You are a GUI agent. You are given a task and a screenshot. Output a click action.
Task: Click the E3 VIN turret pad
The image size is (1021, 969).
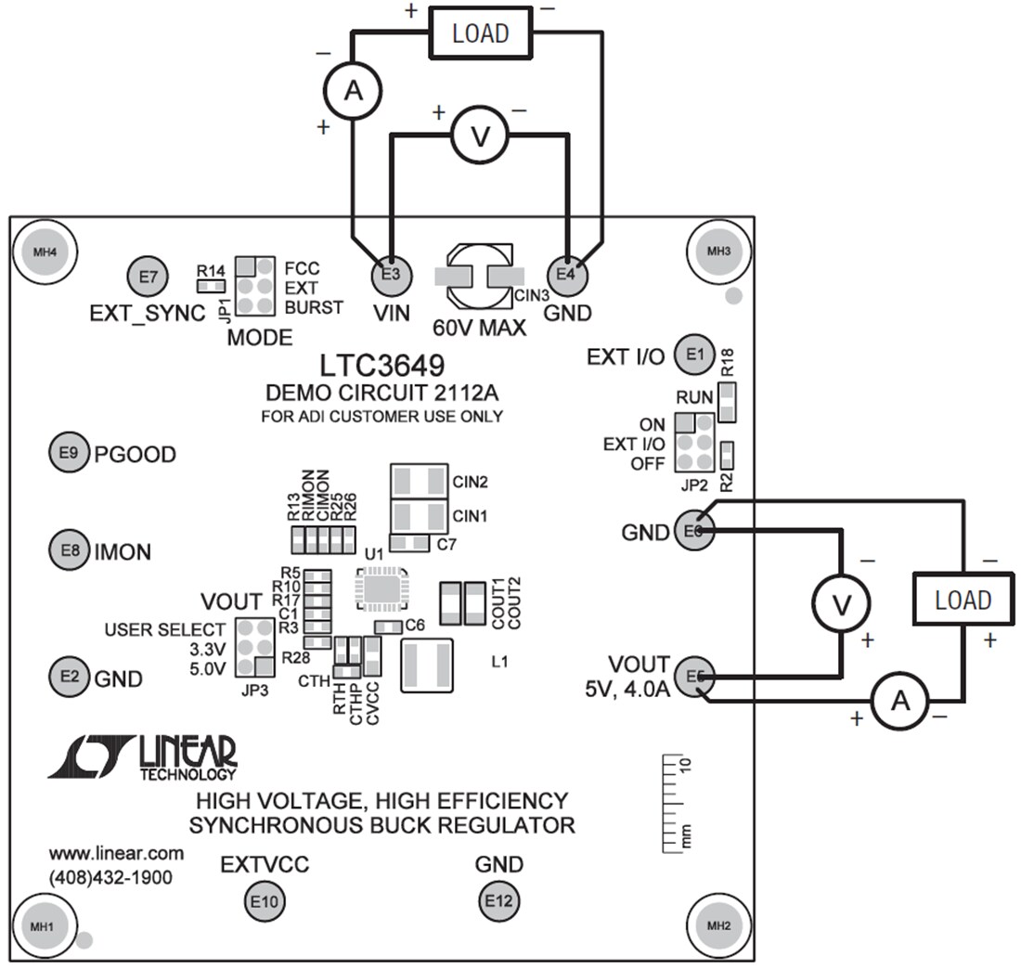click(391, 274)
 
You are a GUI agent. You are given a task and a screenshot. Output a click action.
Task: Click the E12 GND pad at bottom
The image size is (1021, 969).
click(498, 900)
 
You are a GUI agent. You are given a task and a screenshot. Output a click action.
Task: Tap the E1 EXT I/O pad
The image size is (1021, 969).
click(696, 354)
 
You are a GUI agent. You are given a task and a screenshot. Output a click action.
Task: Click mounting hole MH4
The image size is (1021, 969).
click(44, 252)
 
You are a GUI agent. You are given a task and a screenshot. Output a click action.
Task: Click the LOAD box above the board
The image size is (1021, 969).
click(480, 33)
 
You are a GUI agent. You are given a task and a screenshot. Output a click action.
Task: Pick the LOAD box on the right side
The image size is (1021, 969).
click(963, 600)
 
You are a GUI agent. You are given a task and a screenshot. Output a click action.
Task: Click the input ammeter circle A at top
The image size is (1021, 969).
click(352, 90)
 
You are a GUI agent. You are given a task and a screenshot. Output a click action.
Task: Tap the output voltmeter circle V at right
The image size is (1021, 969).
click(841, 604)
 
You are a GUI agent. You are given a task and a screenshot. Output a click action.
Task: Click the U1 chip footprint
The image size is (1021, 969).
click(379, 588)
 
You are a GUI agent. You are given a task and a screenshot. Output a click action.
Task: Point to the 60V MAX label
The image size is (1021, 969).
click(480, 327)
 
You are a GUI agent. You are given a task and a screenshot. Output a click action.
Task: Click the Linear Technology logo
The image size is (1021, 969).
click(144, 756)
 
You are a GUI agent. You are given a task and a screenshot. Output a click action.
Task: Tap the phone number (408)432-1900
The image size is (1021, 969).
click(110, 876)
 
